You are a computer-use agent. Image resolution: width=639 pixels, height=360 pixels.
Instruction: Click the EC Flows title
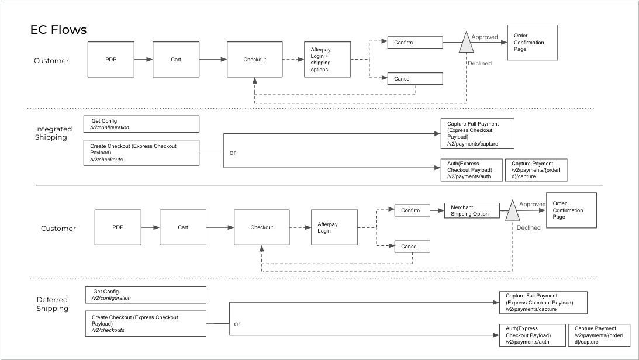click(x=58, y=30)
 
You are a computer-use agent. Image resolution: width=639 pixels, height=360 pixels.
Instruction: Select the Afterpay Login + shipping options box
click(x=327, y=59)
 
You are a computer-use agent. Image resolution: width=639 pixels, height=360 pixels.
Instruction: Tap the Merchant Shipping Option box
click(x=471, y=211)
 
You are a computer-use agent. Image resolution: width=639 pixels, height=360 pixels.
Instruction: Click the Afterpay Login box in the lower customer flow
click(x=334, y=227)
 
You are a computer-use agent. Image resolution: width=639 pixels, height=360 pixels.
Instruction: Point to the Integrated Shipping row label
click(x=53, y=133)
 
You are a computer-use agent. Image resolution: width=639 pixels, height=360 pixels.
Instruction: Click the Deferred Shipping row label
click(x=53, y=304)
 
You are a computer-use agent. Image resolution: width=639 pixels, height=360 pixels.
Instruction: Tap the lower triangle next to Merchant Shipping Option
click(x=512, y=212)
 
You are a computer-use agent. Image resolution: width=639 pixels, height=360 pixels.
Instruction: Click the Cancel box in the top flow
click(x=415, y=79)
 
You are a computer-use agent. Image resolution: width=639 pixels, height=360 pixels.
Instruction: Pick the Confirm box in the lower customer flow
click(x=412, y=210)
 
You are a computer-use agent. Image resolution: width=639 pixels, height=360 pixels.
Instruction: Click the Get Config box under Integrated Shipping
click(x=141, y=124)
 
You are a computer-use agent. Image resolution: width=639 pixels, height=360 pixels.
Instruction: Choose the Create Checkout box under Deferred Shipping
click(x=148, y=323)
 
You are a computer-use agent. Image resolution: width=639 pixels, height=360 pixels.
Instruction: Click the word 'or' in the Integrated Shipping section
click(x=233, y=153)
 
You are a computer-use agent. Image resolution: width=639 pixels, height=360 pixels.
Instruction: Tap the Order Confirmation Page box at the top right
click(x=532, y=42)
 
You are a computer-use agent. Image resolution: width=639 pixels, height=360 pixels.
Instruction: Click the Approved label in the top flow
click(x=485, y=37)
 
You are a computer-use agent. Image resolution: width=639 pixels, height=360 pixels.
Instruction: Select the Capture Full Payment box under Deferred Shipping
click(x=543, y=302)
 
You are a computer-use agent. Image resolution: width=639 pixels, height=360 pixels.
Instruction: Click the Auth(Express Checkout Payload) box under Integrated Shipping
click(x=471, y=170)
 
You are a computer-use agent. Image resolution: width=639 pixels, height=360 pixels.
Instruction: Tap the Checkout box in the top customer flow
click(x=254, y=59)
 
